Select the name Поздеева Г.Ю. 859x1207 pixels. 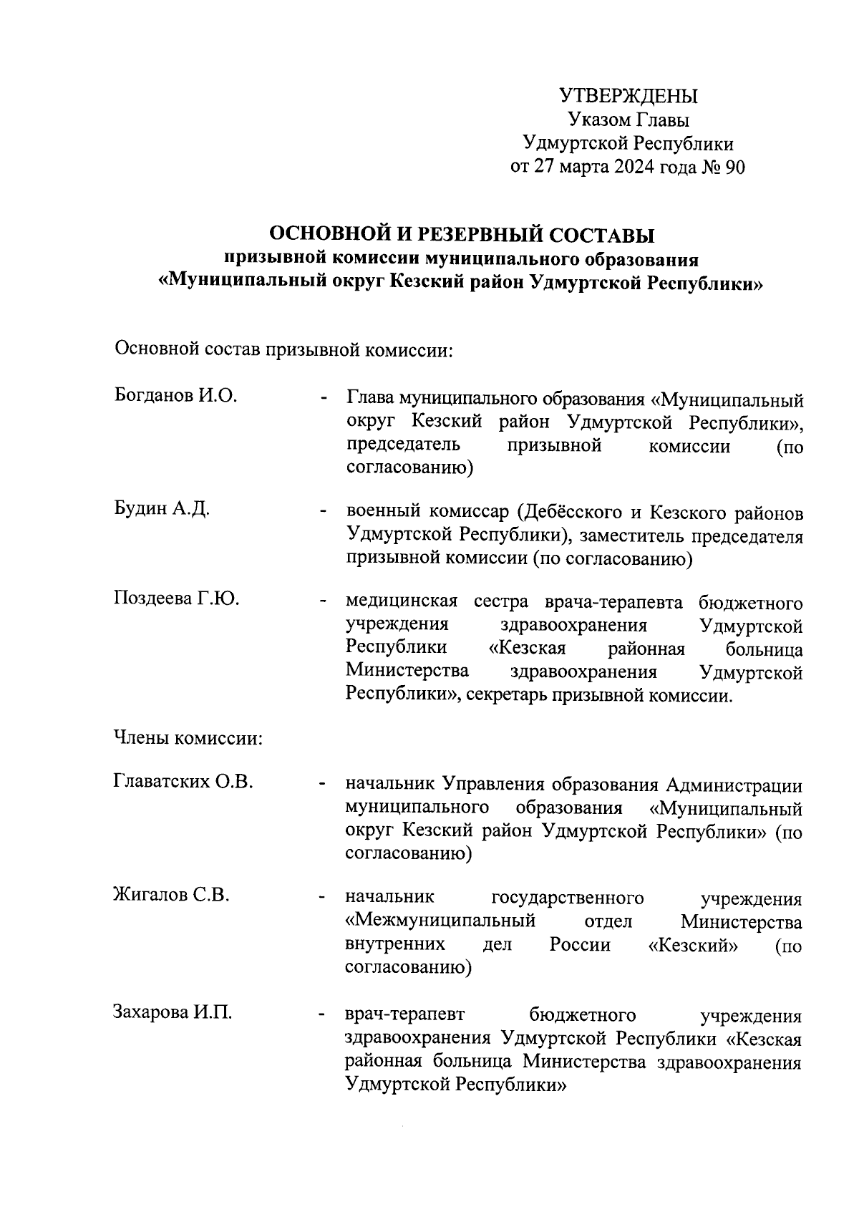[x=176, y=598]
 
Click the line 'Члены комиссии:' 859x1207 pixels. [x=188, y=738]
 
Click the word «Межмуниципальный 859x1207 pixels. [x=440, y=921]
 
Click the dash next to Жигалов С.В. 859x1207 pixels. [x=324, y=898]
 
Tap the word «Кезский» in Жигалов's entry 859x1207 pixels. [x=693, y=945]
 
